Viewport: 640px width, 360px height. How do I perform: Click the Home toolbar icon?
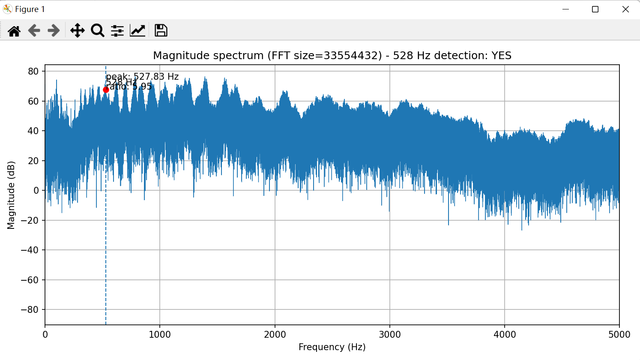(14, 30)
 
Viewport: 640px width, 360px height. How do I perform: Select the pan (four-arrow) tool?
(77, 30)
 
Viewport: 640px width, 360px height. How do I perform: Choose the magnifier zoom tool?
(98, 30)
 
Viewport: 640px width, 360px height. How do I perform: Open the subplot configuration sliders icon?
(117, 30)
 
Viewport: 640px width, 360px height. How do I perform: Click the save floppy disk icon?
(161, 30)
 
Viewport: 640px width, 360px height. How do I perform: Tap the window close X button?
(625, 9)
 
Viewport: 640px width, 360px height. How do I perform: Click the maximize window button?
(595, 9)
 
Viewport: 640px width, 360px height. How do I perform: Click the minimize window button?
(565, 9)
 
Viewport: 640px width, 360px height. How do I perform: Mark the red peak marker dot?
(106, 90)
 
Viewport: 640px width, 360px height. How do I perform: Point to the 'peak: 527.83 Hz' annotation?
(142, 77)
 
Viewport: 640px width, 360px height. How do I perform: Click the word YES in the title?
(501, 56)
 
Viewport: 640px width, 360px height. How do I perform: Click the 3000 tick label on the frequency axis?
(390, 335)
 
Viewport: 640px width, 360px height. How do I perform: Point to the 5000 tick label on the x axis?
(619, 335)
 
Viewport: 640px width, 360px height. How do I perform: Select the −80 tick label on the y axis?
(30, 310)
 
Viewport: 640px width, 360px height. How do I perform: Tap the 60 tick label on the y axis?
(33, 101)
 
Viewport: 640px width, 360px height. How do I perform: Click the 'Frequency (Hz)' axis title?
(332, 347)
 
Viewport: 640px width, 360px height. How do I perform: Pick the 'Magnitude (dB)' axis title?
(11, 195)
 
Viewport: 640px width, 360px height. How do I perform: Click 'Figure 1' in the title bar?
(30, 9)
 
